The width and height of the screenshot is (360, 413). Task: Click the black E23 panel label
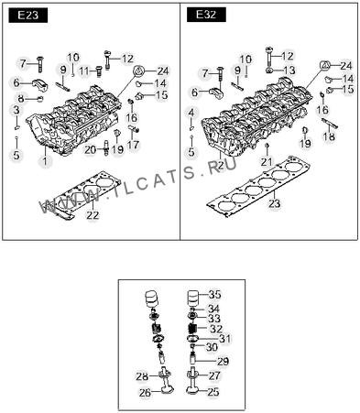click(28, 16)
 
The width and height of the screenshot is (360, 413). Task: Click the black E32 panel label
click(206, 15)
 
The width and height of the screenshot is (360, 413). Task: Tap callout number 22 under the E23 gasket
click(93, 215)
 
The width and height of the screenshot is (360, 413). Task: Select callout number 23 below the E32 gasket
click(274, 203)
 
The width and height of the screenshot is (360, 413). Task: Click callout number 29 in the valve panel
click(223, 362)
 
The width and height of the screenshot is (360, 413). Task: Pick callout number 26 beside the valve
click(145, 392)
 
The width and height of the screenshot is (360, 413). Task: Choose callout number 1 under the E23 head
click(45, 160)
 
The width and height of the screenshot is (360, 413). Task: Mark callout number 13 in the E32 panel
click(289, 71)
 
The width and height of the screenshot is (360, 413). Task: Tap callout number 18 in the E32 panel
click(329, 136)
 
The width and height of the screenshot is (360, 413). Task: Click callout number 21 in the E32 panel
click(266, 161)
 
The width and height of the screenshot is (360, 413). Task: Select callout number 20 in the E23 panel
click(90, 149)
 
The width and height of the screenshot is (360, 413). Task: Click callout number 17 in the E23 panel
click(133, 145)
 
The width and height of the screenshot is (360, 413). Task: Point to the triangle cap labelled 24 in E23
click(138, 71)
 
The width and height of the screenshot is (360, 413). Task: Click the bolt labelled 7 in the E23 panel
click(40, 64)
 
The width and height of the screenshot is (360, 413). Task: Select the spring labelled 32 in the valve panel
click(192, 329)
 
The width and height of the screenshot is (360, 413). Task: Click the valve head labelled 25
click(192, 391)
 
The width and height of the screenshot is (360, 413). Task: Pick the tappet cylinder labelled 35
click(193, 298)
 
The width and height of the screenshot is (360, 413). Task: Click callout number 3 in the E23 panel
click(16, 110)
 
